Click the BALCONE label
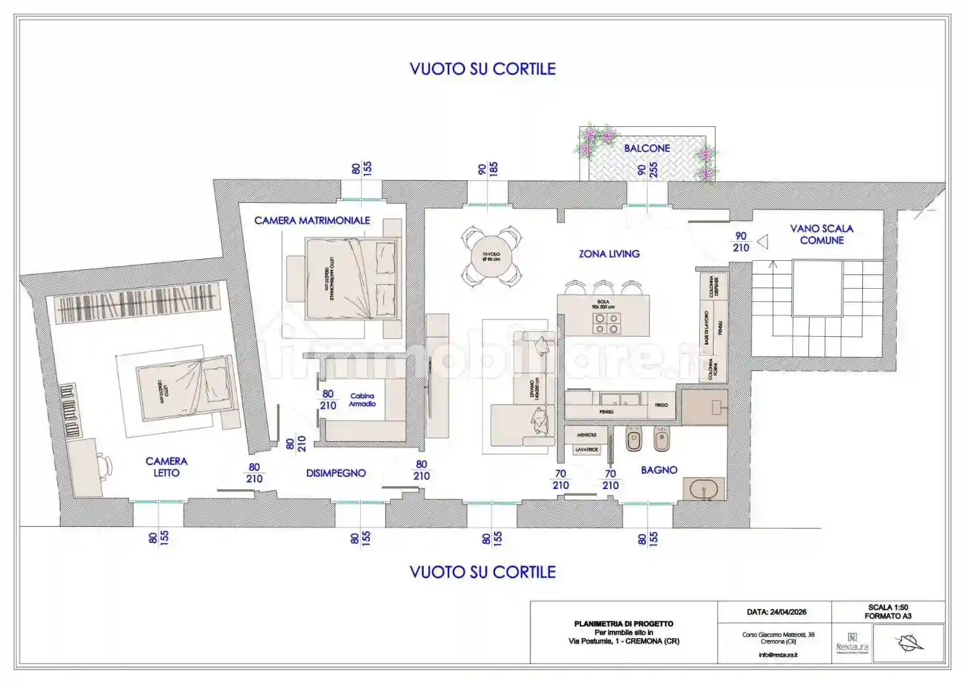pos(647,148)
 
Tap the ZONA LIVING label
pos(609,254)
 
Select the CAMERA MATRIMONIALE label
pos(312,221)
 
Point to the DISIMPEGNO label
pos(335,473)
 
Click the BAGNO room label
pos(659,470)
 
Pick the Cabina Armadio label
pos(362,399)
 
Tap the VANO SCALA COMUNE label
pos(821,234)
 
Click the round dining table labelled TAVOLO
pos(491,257)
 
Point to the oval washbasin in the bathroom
pos(703,489)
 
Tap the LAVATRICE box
pos(586,449)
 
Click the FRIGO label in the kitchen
pos(661,405)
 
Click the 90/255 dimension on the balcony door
pos(647,170)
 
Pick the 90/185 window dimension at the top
pos(487,170)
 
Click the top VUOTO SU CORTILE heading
pos(482,69)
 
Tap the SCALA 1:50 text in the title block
pos(888,607)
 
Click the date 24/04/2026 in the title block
pos(776,612)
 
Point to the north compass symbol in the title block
pos(910,643)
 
